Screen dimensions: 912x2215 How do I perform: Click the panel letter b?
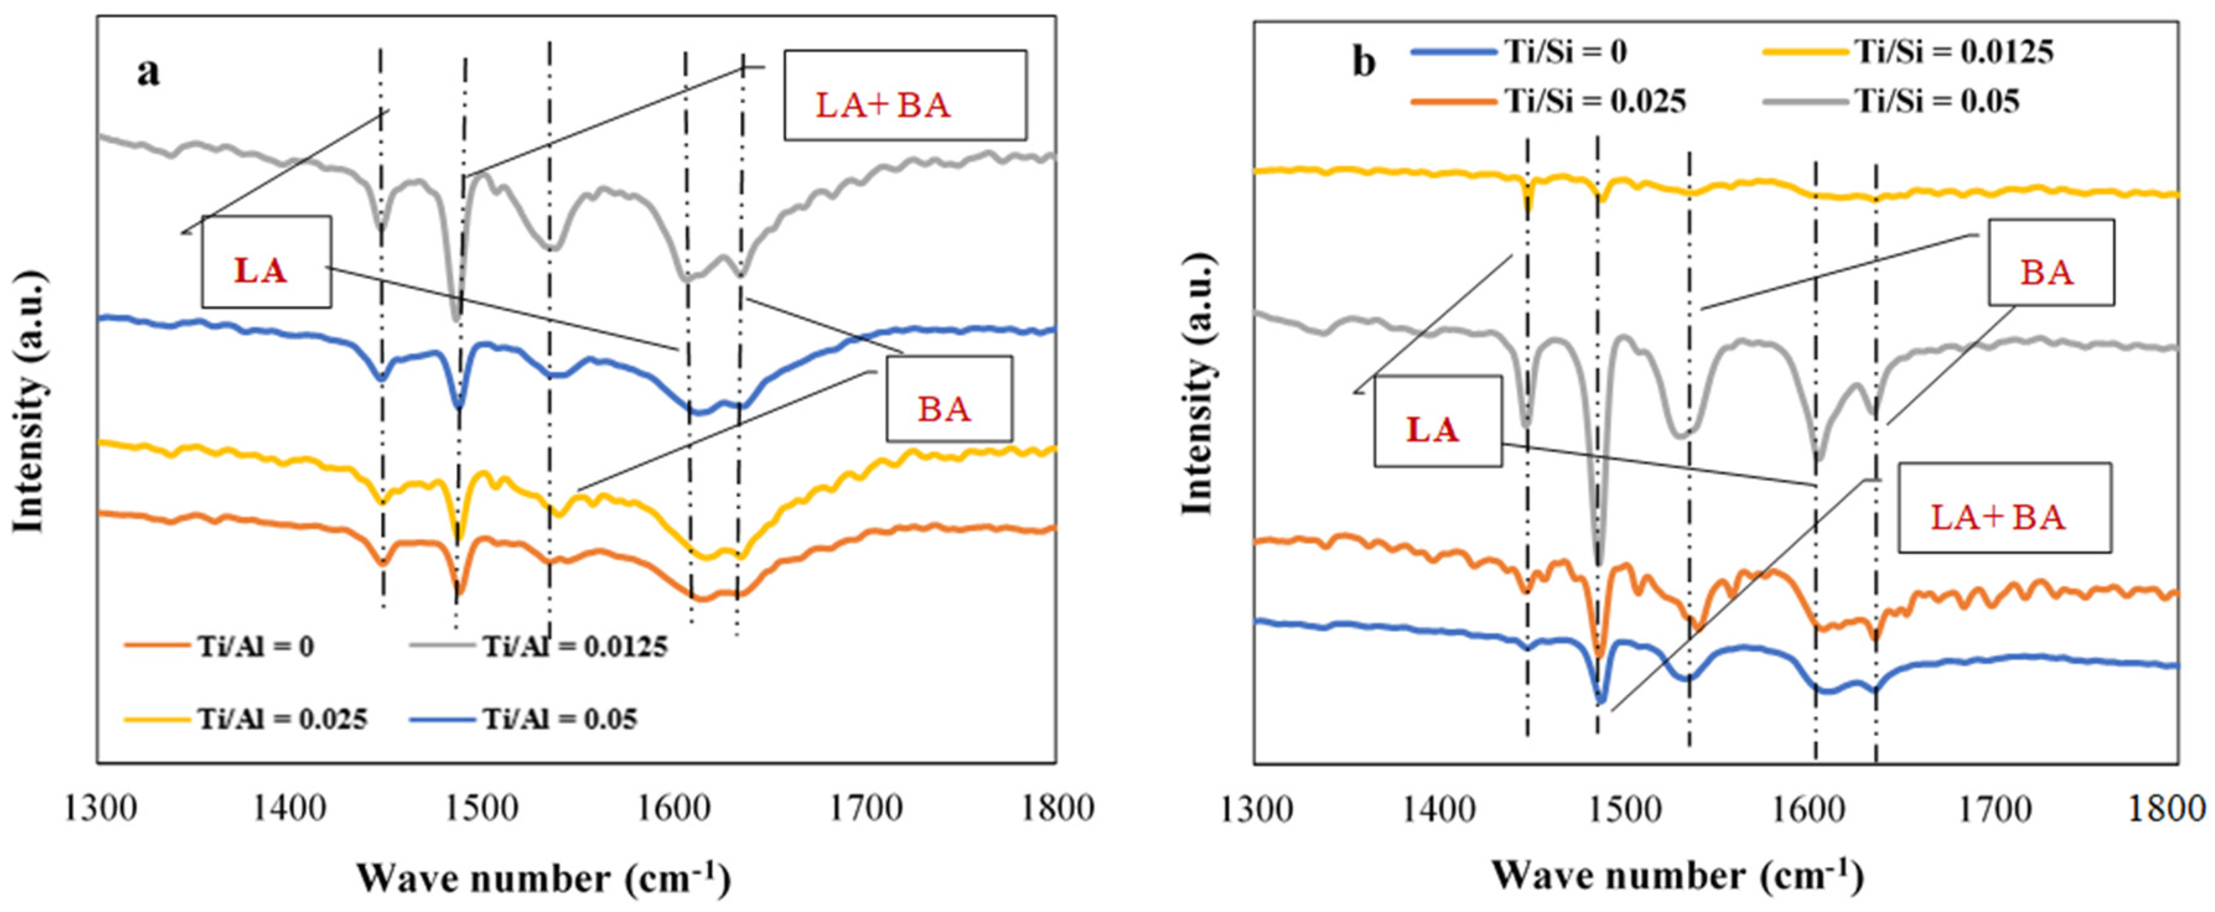(1364, 63)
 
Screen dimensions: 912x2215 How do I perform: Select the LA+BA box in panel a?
(905, 95)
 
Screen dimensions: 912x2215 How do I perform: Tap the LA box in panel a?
(266, 261)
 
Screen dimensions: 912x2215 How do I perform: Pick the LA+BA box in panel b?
(2004, 507)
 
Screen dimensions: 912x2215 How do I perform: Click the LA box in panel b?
(1437, 420)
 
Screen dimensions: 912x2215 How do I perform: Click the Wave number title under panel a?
(543, 877)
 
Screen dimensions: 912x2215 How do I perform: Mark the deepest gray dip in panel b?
(1599, 563)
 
